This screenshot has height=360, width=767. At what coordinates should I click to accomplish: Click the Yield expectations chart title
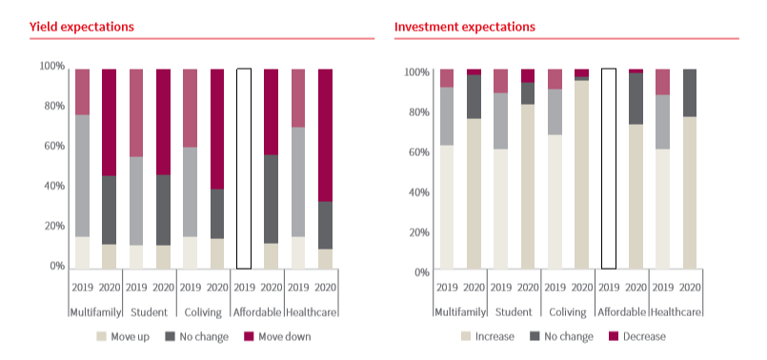pos(82,27)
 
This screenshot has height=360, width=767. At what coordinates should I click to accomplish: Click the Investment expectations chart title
pos(465,27)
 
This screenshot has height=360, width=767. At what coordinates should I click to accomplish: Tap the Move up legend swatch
pos(102,336)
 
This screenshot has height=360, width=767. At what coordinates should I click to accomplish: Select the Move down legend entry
pos(277,336)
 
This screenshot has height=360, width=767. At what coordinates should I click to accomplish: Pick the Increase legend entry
pos(488,336)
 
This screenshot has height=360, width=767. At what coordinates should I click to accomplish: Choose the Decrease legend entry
pos(637,336)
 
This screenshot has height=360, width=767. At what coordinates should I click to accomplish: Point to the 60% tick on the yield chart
pos(52,146)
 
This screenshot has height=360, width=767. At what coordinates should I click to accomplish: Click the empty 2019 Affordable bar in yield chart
pos(244,169)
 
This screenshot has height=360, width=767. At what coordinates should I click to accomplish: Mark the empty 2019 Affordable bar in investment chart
pos(609,169)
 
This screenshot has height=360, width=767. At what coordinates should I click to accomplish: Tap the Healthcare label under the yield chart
pos(312,312)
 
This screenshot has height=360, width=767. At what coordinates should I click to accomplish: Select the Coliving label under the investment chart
pos(568,312)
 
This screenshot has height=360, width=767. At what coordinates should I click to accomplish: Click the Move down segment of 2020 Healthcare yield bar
pos(325,135)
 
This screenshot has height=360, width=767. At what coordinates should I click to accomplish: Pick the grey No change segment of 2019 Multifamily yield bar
pos(82,176)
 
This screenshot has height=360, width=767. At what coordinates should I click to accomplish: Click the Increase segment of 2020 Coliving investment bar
pos(581,174)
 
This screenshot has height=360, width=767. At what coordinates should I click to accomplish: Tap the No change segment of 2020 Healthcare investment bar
pos(690,93)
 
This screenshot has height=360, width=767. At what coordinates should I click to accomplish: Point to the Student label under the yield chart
pos(150,312)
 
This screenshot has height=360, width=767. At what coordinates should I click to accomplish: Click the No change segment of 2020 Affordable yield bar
pos(271,199)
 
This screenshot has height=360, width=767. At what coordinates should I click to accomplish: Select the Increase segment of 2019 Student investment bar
pos(500,209)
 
